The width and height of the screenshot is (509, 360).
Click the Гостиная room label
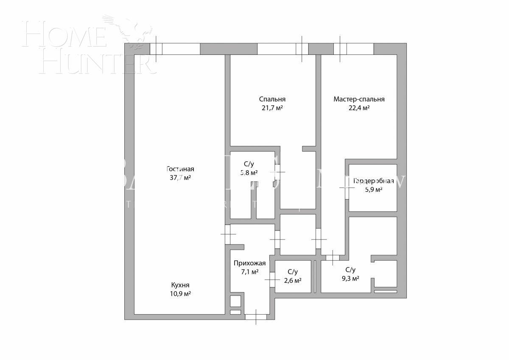pyautogui.click(x=180, y=169)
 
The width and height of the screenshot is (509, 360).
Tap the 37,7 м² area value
pyautogui.click(x=180, y=178)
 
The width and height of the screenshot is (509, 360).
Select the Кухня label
pyautogui.click(x=180, y=285)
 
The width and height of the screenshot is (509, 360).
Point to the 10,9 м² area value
pyautogui.click(x=180, y=294)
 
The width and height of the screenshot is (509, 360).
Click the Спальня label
pyautogui.click(x=272, y=99)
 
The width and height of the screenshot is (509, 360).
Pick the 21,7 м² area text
pyautogui.click(x=272, y=108)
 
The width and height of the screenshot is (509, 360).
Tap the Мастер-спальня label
pyautogui.click(x=359, y=99)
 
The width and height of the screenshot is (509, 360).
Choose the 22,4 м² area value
pyautogui.click(x=359, y=108)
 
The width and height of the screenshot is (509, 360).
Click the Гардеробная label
pyautogui.click(x=373, y=181)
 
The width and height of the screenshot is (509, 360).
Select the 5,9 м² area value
pyautogui.click(x=373, y=190)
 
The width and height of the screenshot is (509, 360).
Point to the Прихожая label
pyautogui.click(x=249, y=263)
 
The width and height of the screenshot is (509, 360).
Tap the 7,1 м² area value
pyautogui.click(x=249, y=272)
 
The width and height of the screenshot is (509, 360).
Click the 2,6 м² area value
pyautogui.click(x=292, y=281)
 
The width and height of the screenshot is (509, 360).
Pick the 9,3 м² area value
pyautogui.click(x=350, y=278)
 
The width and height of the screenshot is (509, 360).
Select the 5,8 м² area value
pyautogui.click(x=249, y=173)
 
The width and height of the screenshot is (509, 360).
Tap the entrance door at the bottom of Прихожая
pyautogui.click(x=256, y=316)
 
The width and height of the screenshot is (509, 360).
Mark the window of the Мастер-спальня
pyautogui.click(x=353, y=49)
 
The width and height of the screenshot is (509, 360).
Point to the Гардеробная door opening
pyautogui.click(x=347, y=187)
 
